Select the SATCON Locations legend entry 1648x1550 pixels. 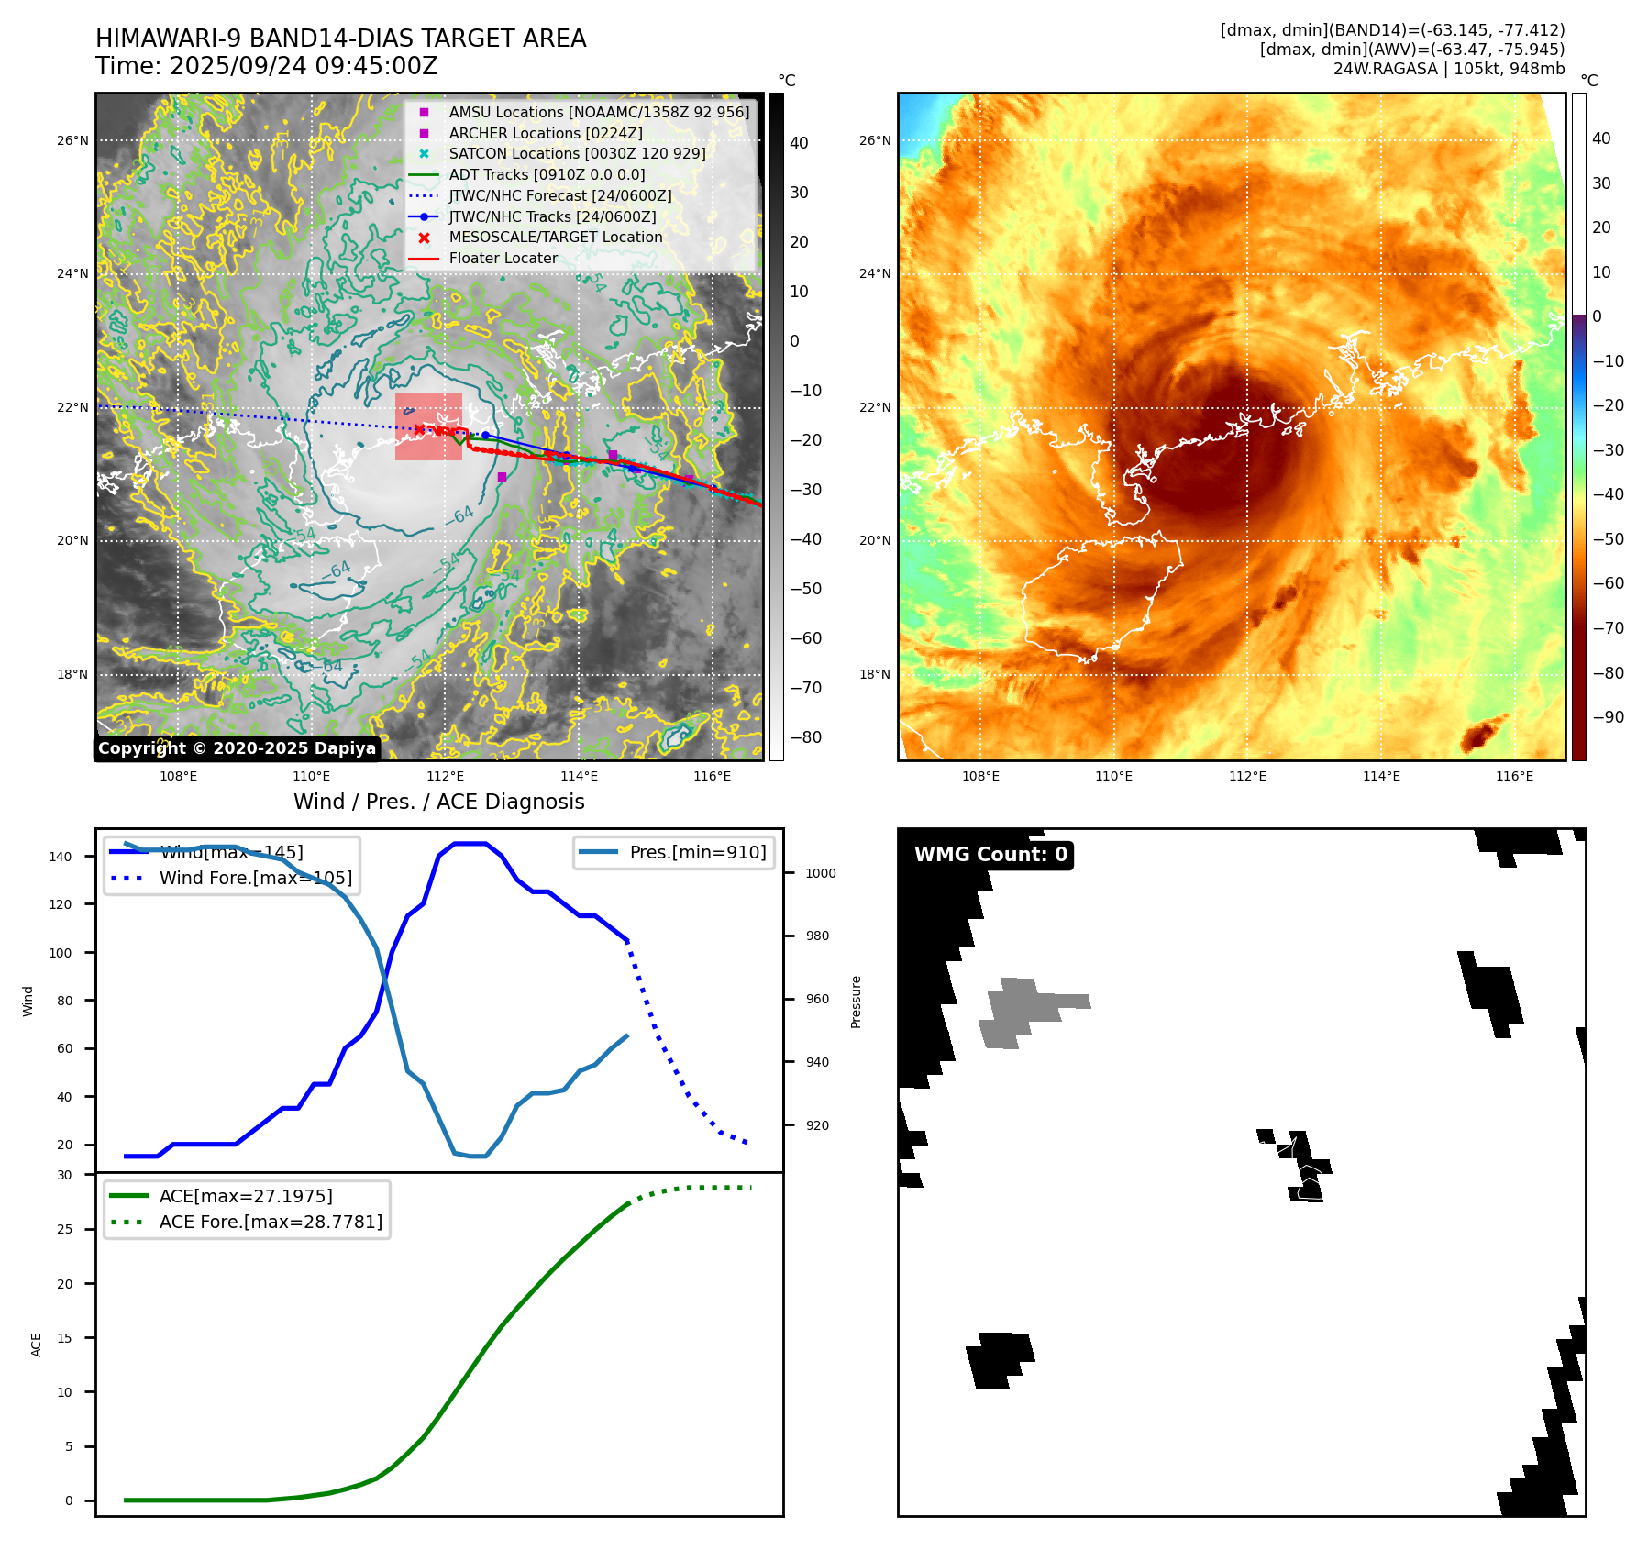point(577,153)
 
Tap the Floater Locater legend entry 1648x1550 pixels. point(503,258)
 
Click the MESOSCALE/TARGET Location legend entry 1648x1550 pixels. point(555,237)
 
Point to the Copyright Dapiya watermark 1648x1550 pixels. point(237,748)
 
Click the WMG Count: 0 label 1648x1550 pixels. point(990,855)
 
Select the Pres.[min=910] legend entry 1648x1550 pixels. point(697,852)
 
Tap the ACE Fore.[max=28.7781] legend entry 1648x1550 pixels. point(271,1222)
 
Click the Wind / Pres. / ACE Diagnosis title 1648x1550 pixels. point(438,802)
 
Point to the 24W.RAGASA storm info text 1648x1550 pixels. point(1448,69)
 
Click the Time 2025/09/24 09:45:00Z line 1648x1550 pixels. point(267,66)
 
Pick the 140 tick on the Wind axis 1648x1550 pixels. point(61,857)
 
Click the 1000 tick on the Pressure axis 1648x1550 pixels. point(820,873)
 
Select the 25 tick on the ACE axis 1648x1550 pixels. point(64,1229)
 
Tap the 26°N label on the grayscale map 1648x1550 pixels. point(73,140)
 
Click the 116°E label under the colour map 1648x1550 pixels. point(1514,776)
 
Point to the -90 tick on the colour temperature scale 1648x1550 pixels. point(1608,717)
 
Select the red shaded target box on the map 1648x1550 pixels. point(428,426)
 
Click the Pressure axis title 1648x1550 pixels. point(856,1002)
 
